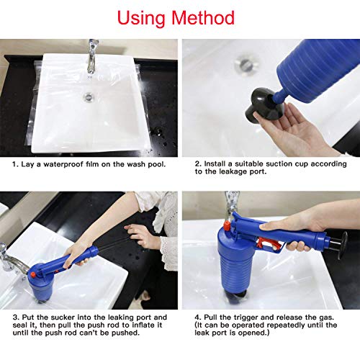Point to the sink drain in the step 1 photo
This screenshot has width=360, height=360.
88,96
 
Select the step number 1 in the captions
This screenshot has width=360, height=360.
14,163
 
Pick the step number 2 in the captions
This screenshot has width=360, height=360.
197,163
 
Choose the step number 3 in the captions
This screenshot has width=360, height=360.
14,317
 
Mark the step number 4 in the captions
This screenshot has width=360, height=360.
197,317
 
